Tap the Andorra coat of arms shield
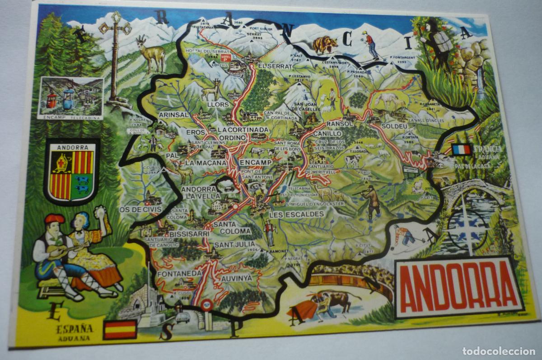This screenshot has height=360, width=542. tap(72, 172)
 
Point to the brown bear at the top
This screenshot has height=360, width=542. tap(325, 44)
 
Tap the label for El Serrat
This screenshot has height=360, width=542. tap(273, 66)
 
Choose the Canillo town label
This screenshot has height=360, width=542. tap(327, 134)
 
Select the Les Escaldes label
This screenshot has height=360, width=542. tap(296, 214)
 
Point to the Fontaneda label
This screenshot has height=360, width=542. tap(179, 273)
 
